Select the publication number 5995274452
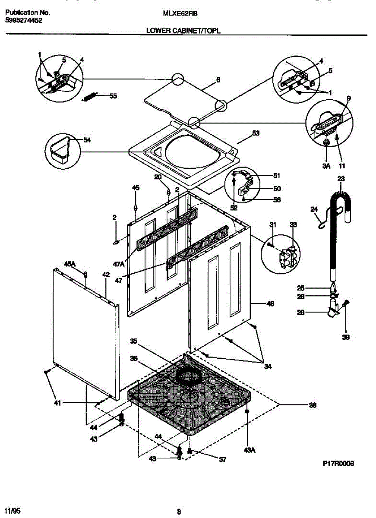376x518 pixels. coord(24,20)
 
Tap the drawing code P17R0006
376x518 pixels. coord(338,464)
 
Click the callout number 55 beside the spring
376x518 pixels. coord(113,96)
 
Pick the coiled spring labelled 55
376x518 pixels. coord(91,97)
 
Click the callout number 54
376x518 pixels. coord(87,140)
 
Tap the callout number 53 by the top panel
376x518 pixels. coord(256,133)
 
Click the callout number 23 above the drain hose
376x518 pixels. coord(341,178)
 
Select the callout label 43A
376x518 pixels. coord(250,450)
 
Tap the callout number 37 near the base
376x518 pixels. coord(223,460)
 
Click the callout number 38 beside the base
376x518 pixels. coord(313,405)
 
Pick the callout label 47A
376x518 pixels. coord(118,263)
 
